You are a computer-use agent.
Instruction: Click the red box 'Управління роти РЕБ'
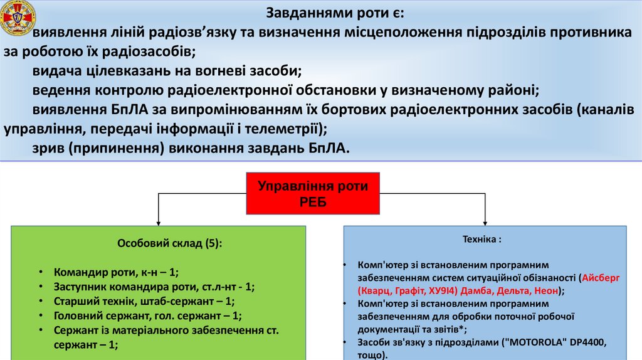coord(312,194)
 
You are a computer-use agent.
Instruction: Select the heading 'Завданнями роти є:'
coord(336,13)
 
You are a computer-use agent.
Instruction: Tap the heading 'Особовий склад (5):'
coord(159,244)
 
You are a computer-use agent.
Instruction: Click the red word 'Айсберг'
coord(601,278)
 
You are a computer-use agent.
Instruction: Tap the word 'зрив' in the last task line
coord(49,149)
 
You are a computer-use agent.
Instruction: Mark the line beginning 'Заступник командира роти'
coord(154,287)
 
